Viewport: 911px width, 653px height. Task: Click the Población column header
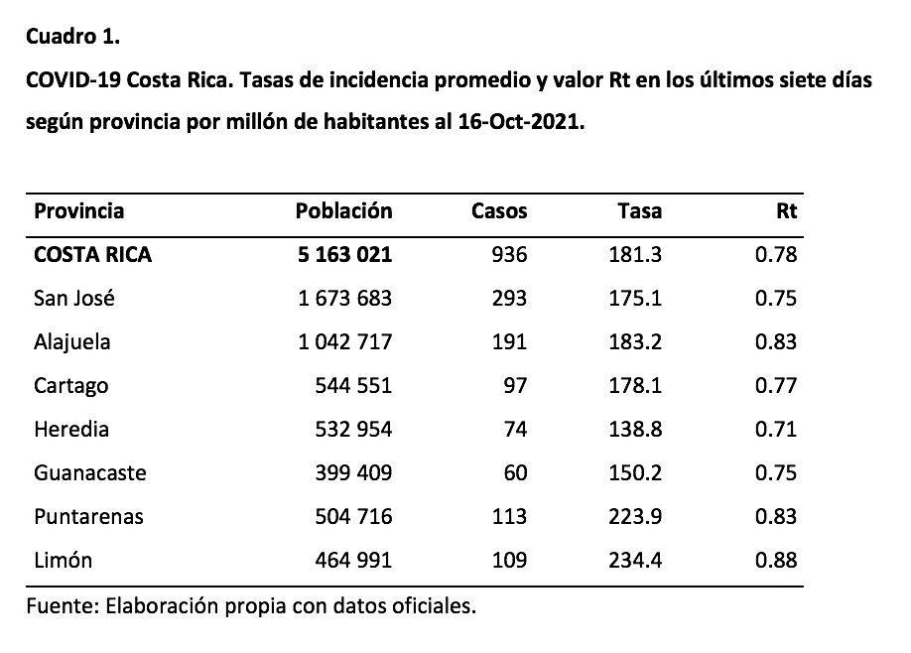click(x=343, y=210)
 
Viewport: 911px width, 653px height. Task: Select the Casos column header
click(x=499, y=210)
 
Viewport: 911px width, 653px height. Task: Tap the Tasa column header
click(x=639, y=210)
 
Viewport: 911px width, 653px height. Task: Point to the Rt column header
click(x=787, y=210)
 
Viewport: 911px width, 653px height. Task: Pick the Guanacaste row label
click(x=89, y=472)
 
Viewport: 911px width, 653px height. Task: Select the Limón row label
click(x=63, y=560)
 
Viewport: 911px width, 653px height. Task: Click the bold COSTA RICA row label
click(x=92, y=254)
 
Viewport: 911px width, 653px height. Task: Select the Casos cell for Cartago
click(x=514, y=385)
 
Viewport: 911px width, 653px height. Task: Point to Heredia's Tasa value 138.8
click(x=635, y=429)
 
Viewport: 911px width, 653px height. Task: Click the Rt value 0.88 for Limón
click(x=776, y=560)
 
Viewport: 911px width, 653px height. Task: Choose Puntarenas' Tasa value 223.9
click(x=635, y=516)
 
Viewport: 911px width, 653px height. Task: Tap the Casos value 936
click(x=509, y=254)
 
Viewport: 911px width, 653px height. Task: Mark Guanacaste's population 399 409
click(x=352, y=472)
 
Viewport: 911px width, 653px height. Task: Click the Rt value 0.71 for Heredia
click(x=776, y=429)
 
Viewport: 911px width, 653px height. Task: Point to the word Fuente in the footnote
click(x=59, y=605)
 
